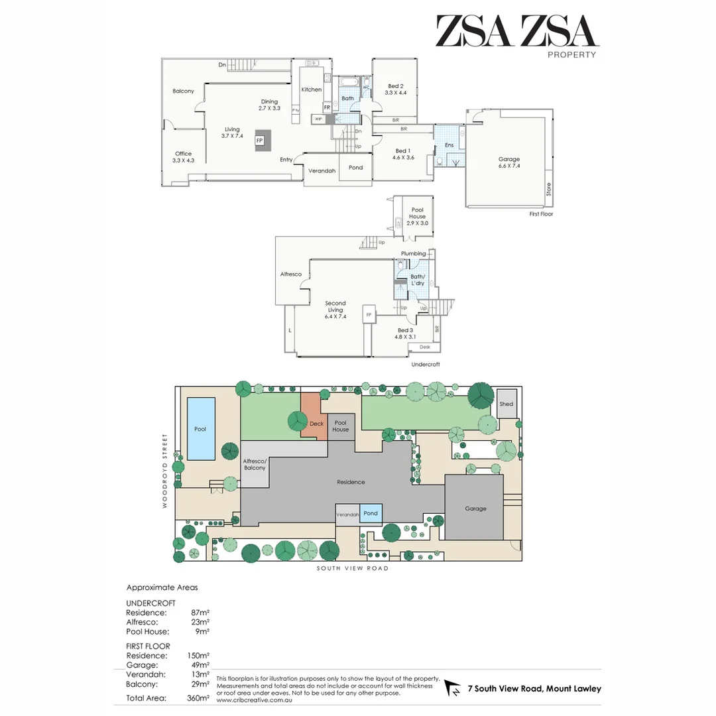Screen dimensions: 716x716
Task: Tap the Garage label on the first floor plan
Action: coord(509,159)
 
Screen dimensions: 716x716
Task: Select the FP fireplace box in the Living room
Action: coord(259,141)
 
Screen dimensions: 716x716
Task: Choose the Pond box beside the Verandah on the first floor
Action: coord(356,168)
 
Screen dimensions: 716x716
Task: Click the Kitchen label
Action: coord(311,89)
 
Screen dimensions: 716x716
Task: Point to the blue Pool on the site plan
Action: coord(200,428)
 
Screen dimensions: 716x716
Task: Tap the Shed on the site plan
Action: coord(507,404)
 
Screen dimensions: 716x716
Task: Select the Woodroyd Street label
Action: coord(165,471)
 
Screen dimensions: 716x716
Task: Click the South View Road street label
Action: coord(352,568)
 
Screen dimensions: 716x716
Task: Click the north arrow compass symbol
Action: coord(453,688)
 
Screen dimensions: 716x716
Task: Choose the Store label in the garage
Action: coord(548,190)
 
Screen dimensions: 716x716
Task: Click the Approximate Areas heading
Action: coord(162,587)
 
